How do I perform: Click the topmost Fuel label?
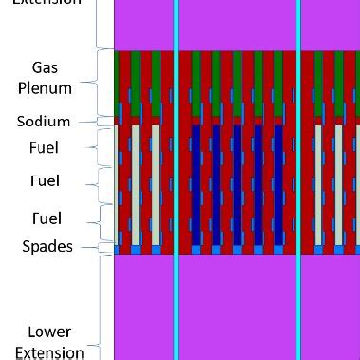click(x=44, y=148)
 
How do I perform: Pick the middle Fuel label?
click(x=44, y=180)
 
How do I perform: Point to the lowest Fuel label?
click(x=44, y=218)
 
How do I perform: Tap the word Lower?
click(x=48, y=332)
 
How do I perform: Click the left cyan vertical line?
click(x=176, y=180)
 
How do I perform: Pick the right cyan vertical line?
click(x=298, y=180)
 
